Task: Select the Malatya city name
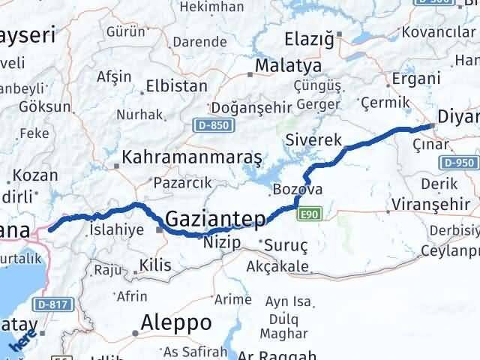[288, 66]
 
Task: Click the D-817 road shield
[50, 304]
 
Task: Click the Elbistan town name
[176, 85]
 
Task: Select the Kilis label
[155, 265]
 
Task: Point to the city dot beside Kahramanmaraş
[115, 166]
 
